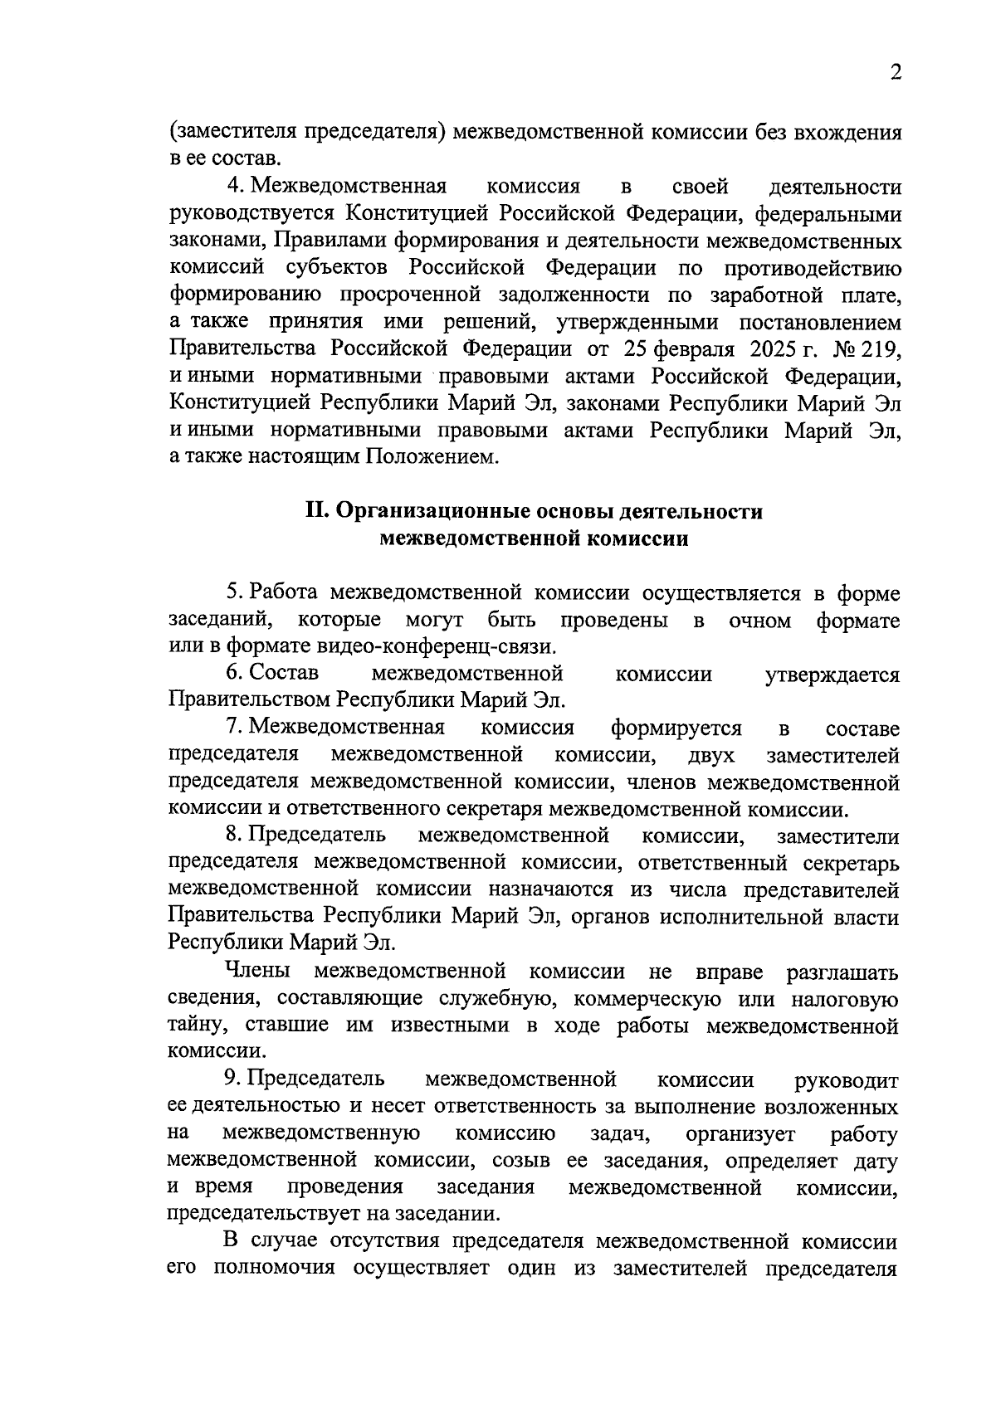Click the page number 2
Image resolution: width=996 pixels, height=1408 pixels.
click(895, 73)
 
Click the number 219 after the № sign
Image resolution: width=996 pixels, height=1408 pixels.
click(881, 348)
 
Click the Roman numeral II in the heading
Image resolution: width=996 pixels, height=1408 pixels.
click(318, 511)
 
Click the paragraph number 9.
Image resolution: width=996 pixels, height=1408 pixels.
click(232, 1079)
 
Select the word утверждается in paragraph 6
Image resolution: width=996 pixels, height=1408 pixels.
click(832, 674)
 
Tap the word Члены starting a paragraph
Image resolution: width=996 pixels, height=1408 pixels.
click(256, 971)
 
